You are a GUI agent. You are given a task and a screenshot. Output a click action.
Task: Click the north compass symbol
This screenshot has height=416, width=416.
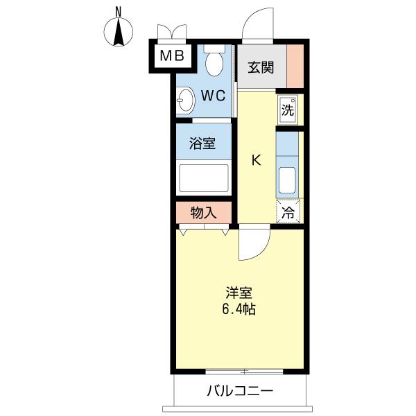119,33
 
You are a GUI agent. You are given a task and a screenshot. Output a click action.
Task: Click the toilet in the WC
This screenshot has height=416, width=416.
215,62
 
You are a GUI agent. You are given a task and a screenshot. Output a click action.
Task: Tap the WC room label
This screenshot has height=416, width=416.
214,96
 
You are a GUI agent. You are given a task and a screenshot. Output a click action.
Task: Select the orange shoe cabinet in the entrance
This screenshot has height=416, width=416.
295,64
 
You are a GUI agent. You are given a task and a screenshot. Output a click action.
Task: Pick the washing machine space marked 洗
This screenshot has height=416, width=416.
288,109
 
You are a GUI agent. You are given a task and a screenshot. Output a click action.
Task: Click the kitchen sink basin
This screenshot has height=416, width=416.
287,181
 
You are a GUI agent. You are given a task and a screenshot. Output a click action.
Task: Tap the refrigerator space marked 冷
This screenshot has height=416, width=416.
288,213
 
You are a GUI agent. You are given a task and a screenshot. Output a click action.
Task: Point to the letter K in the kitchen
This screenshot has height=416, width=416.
256,161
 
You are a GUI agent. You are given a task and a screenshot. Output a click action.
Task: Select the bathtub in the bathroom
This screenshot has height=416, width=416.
204,178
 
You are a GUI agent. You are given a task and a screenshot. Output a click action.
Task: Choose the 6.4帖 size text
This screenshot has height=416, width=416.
239,310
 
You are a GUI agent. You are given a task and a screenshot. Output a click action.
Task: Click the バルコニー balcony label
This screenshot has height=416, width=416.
239,390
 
